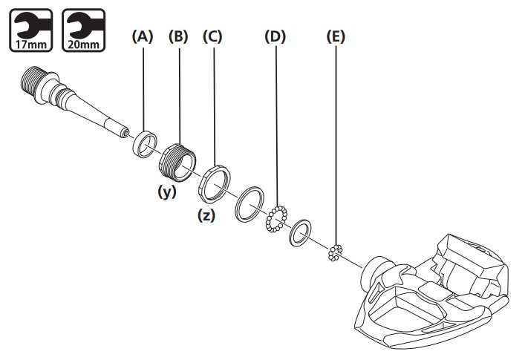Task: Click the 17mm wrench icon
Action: pyautogui.click(x=30, y=30)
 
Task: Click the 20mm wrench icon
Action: pyautogui.click(x=84, y=30)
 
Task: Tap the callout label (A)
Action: pyautogui.click(x=143, y=36)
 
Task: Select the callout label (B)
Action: pyautogui.click(x=178, y=36)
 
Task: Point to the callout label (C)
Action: pyautogui.click(x=212, y=36)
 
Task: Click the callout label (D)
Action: pyautogui.click(x=275, y=36)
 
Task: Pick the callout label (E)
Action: pyautogui.click(x=336, y=36)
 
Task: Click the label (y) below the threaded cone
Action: pyautogui.click(x=167, y=192)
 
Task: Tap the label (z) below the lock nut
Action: pyautogui.click(x=206, y=216)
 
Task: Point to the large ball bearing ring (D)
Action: pyautogui.click(x=277, y=219)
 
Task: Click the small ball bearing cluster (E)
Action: pyautogui.click(x=335, y=252)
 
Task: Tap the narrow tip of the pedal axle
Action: pyautogui.click(x=125, y=134)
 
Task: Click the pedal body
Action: pyautogui.click(x=432, y=292)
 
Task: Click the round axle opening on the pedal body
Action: pyautogui.click(x=371, y=272)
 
